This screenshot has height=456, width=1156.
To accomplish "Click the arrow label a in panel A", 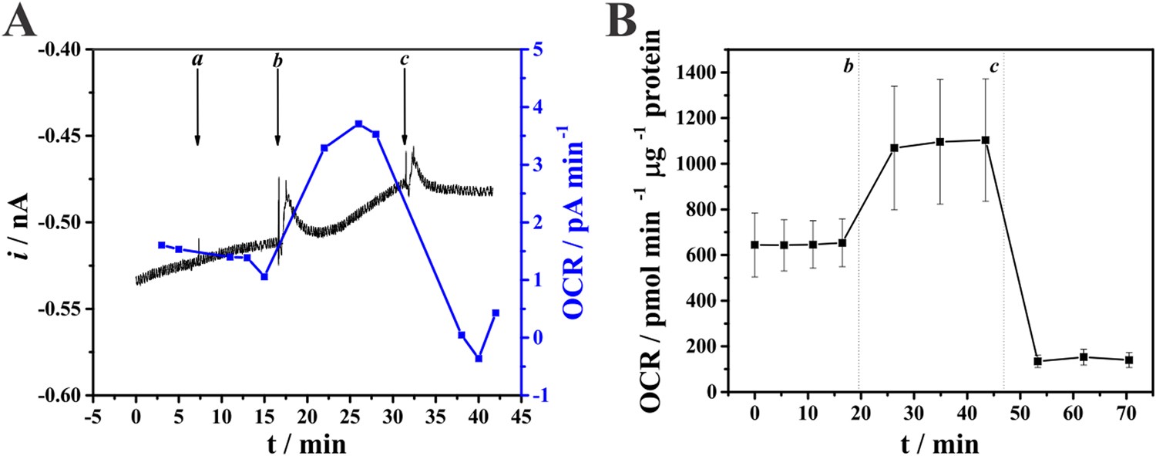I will (197, 59).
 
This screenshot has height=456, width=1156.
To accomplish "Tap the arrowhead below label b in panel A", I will (277, 140).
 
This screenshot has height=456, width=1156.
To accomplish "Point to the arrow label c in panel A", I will (404, 59).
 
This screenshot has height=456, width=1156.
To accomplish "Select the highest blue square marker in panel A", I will (358, 123).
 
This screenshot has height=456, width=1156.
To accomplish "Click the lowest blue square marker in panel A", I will (479, 358).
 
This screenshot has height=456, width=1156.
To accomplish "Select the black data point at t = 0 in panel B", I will (754, 245).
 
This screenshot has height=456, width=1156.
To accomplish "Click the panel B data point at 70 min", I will (1129, 360).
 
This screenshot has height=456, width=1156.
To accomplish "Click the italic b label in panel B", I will (848, 67).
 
